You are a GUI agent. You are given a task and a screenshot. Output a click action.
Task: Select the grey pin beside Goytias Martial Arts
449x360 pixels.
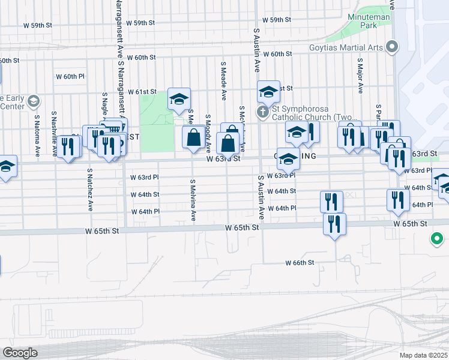tap(393, 46)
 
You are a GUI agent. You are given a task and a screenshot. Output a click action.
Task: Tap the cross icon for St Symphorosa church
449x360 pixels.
tap(262, 112)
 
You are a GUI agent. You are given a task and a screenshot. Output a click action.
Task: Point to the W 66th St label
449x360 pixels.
tap(300, 263)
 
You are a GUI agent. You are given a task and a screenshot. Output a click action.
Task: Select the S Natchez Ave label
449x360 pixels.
tap(90, 190)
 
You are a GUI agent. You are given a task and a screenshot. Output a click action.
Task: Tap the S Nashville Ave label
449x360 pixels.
tap(55, 134)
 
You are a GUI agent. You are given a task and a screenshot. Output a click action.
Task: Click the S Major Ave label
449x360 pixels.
tap(360, 76)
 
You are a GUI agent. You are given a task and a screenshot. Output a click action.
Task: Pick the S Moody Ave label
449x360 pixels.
tap(208, 133)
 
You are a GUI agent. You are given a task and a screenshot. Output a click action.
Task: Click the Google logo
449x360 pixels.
tap(20, 353)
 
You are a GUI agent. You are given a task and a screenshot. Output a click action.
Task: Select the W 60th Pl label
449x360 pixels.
tap(70, 76)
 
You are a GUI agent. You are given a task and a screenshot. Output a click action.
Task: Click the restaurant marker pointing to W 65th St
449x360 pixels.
tap(334, 223)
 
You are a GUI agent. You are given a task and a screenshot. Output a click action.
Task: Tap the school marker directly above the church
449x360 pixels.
tap(269, 92)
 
